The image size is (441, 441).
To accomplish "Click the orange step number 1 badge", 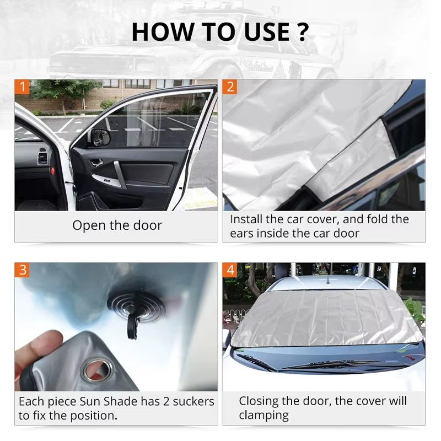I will point(22,87).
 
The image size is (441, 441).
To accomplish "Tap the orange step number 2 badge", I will point(230,87).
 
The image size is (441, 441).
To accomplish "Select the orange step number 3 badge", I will point(22,270).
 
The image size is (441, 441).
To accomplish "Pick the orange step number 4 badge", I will point(230,270).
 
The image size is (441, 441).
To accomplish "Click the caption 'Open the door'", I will point(117,225).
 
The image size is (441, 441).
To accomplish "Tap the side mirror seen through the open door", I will point(100,137).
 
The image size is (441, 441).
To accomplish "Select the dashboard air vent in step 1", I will point(42,156).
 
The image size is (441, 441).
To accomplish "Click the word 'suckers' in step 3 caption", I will point(189,402).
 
